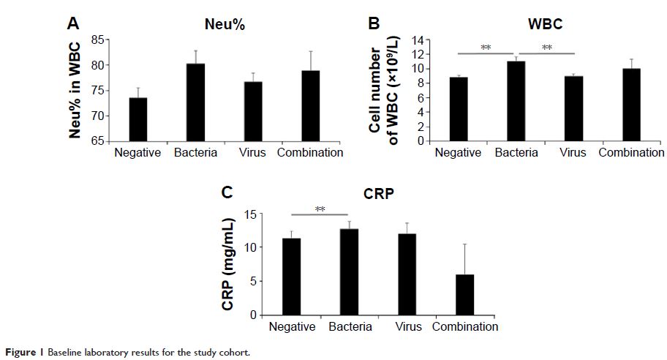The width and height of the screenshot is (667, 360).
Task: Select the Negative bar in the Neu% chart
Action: click(138, 119)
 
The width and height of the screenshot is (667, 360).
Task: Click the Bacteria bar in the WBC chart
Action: click(516, 101)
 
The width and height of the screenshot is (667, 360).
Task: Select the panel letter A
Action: click(73, 23)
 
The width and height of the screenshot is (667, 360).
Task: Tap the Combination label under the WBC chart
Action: click(631, 153)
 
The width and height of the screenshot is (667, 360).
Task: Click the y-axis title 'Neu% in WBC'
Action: click(75, 89)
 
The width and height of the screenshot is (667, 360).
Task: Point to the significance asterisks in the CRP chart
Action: click(320, 209)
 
